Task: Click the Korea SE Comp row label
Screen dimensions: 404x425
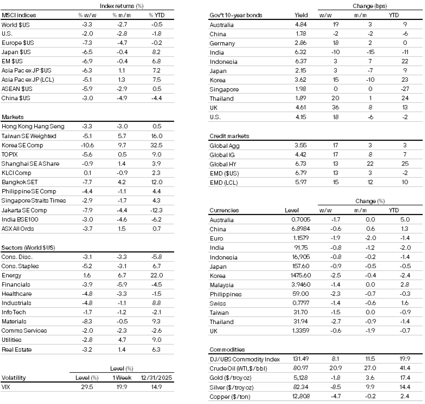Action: point(22,145)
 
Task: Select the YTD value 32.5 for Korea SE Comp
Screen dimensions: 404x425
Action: point(156,145)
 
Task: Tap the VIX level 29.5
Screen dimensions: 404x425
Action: point(87,387)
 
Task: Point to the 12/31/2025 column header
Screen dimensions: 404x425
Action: point(156,378)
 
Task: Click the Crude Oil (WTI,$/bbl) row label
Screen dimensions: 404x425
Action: point(238,368)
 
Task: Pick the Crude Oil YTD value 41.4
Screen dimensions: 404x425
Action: point(405,368)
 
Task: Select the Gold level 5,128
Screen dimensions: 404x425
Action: point(301,378)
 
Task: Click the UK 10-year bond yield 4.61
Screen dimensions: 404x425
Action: point(301,108)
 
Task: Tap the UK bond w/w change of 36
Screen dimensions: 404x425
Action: point(335,108)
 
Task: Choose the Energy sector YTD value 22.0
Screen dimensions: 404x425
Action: point(156,275)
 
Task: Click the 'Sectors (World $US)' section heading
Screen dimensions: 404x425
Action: point(28,248)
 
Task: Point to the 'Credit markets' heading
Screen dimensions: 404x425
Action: point(229,136)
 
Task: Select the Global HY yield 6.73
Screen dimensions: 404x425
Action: point(301,164)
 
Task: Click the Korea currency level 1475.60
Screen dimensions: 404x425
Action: point(301,275)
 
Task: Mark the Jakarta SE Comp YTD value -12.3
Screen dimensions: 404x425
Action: point(156,210)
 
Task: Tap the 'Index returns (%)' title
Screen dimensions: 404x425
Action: point(121,6)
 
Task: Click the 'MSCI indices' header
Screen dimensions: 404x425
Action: point(19,15)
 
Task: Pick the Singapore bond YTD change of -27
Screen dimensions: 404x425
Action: point(405,89)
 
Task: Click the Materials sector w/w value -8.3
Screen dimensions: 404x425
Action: point(87,321)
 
